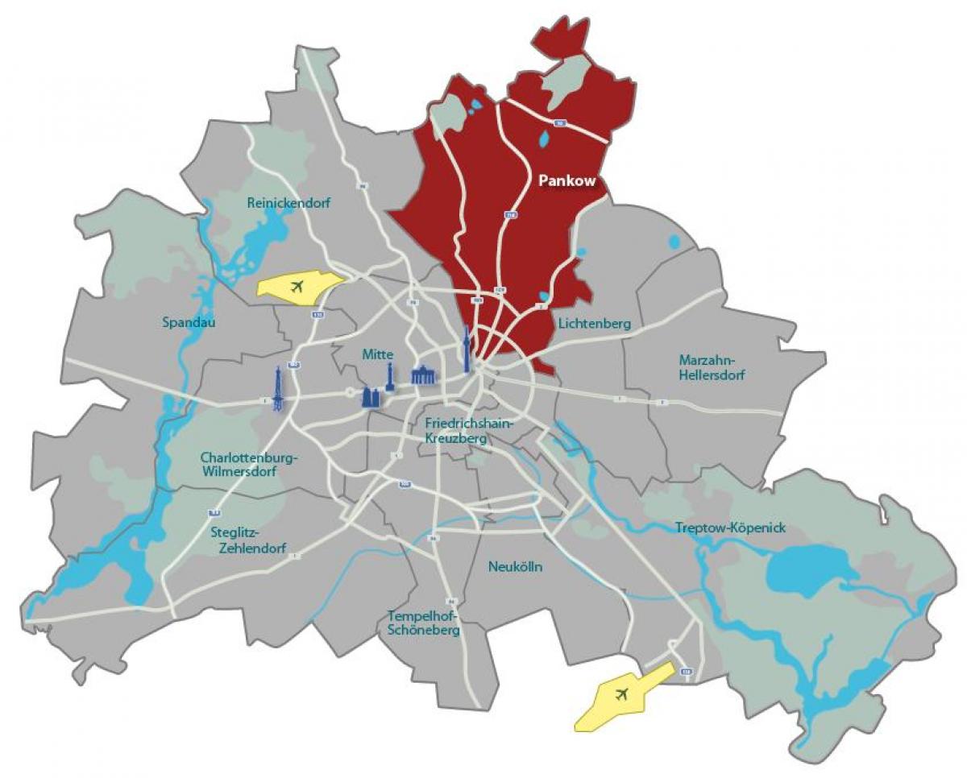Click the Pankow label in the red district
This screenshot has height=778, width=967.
click(x=567, y=181)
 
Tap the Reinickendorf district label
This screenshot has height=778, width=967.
click(x=288, y=203)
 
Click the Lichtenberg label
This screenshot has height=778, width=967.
click(x=593, y=324)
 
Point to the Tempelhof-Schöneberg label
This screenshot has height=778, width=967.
click(x=424, y=623)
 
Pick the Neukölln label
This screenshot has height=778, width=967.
click(x=515, y=567)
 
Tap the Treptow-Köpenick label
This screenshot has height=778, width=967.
click(x=730, y=528)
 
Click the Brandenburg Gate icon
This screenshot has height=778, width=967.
click(x=423, y=375)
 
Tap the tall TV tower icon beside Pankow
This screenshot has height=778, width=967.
click(x=467, y=350)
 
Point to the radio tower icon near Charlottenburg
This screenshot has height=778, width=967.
click(x=278, y=388)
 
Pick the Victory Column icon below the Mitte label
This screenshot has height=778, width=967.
click(x=390, y=375)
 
